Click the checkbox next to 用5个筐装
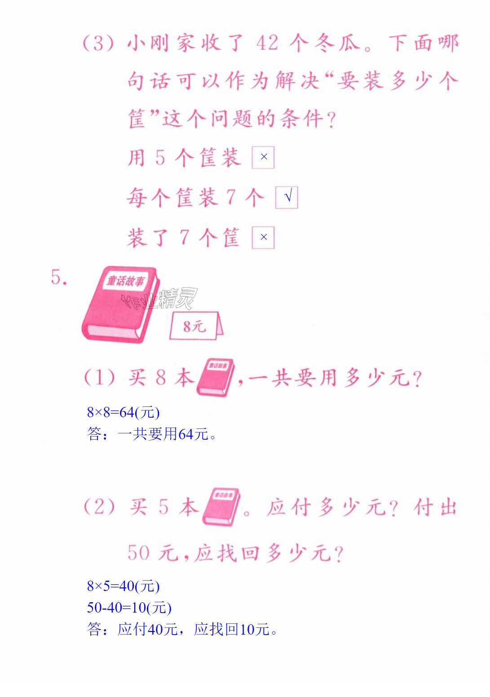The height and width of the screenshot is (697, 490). (263, 158)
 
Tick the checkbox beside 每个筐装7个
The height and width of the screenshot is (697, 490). (287, 197)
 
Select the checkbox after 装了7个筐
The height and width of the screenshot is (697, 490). (263, 238)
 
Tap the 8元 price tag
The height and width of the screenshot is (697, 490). (196, 326)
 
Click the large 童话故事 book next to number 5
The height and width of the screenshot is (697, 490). (121, 304)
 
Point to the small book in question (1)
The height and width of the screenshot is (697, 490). (215, 377)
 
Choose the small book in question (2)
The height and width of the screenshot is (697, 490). (221, 507)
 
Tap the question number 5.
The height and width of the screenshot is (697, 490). (59, 277)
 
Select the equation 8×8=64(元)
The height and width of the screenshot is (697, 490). (123, 412)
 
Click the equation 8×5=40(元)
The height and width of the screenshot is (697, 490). (123, 586)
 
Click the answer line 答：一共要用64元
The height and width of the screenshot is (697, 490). (151, 434)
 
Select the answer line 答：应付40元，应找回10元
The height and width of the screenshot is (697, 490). (182, 629)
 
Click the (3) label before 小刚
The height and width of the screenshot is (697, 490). (98, 43)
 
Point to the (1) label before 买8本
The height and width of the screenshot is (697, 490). (100, 377)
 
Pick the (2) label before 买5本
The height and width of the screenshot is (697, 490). (100, 507)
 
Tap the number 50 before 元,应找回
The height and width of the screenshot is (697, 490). (139, 553)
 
